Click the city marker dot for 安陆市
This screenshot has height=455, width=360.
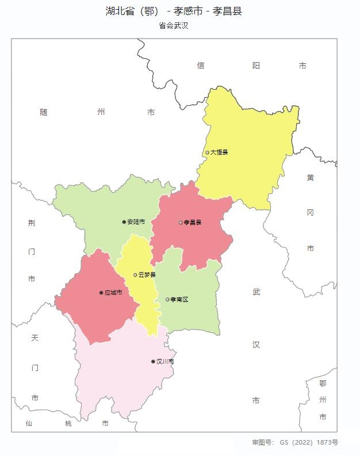tap(124, 222)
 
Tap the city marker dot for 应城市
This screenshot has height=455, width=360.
tap(101, 293)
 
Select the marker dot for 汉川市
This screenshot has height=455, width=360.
tap(153, 362)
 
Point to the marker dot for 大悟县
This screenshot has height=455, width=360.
tap(208, 152)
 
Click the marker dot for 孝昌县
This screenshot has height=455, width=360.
tap(181, 223)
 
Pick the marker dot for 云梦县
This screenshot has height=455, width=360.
tap(135, 275)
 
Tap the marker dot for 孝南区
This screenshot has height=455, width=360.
tap(167, 300)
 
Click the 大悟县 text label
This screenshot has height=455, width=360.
tap(219, 152)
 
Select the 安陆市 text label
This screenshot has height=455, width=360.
tap(136, 222)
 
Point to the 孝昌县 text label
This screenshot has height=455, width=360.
tap(193, 223)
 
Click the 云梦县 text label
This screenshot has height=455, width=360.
tap(147, 275)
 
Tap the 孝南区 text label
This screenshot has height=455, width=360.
tap(179, 300)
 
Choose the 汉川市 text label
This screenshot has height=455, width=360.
tap(165, 362)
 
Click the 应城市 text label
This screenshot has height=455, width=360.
tap(113, 293)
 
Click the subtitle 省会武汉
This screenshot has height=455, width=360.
tap(174, 26)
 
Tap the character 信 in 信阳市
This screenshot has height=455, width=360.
tap(200, 66)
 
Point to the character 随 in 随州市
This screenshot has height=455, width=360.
tap(44, 112)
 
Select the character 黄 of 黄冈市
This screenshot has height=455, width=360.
tap(310, 178)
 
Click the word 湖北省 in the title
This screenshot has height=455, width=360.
tap(120, 11)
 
